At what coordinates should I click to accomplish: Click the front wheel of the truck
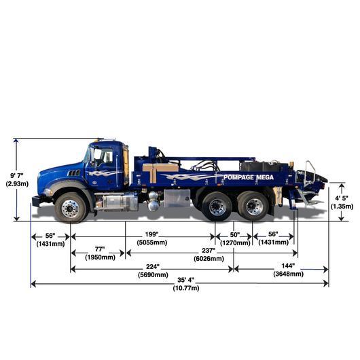tap(71, 208)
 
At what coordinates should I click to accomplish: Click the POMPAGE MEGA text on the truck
tap(249, 177)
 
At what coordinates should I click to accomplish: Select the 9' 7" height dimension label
tap(17, 176)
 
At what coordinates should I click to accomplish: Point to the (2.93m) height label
tap(17, 183)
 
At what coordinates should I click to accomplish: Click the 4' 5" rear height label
tap(342, 198)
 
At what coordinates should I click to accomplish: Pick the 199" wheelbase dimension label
tap(151, 234)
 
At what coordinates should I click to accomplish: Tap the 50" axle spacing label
tap(235, 234)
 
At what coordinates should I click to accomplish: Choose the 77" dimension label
tap(100, 249)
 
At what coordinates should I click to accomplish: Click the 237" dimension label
tap(209, 251)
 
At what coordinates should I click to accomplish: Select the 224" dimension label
tap(153, 267)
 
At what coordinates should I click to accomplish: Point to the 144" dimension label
tap(288, 266)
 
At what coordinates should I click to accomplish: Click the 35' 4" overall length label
tap(185, 280)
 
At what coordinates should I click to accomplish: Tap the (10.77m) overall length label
tap(186, 288)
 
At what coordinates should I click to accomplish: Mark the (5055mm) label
tap(152, 242)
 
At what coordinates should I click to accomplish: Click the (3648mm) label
tap(289, 274)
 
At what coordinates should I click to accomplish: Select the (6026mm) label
tap(209, 259)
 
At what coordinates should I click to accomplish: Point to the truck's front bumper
tap(35, 202)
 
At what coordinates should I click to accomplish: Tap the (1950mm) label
tap(100, 257)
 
